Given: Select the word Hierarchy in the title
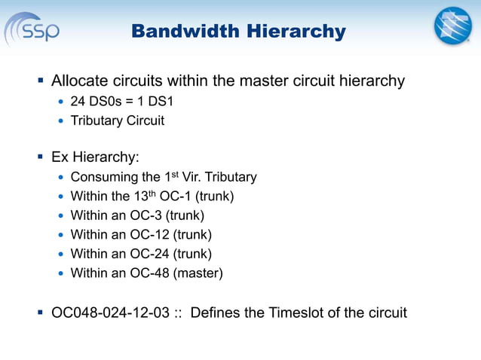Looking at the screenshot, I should coord(293,32).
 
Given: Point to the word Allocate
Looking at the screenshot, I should coord(81,81).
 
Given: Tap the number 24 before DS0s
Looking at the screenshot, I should coord(78,101).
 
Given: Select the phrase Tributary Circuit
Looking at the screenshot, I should coord(117,121).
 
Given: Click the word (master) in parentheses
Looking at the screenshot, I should coord(198,273).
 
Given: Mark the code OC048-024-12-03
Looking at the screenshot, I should coord(110,313).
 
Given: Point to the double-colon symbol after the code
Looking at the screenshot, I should coord(178,313).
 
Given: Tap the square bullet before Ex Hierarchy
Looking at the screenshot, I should coord(40,157).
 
